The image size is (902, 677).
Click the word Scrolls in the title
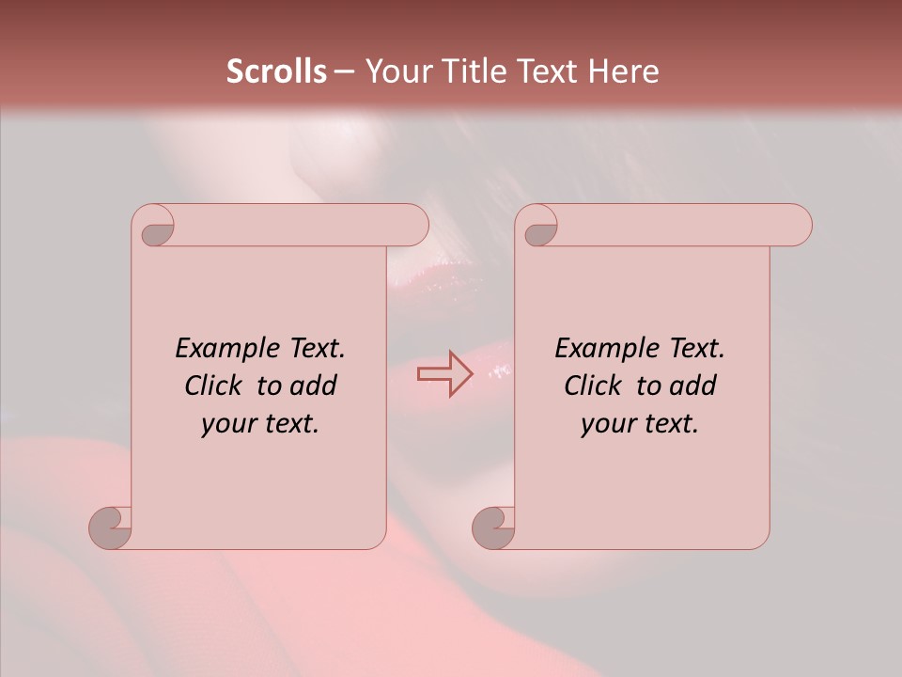pos(276,71)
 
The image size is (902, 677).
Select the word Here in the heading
pos(624,71)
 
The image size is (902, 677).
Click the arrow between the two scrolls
pos(444,374)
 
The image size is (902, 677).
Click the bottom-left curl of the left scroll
pos(111,527)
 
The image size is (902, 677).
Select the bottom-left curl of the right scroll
pos(493,527)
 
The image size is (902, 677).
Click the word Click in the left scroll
pos(215,386)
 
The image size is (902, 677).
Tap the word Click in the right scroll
pos(593,386)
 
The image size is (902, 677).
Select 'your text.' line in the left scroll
pos(259,423)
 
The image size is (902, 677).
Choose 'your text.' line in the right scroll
pos(639,423)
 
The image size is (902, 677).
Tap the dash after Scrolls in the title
pos(344,71)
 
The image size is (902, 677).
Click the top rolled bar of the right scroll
pos(676,226)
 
